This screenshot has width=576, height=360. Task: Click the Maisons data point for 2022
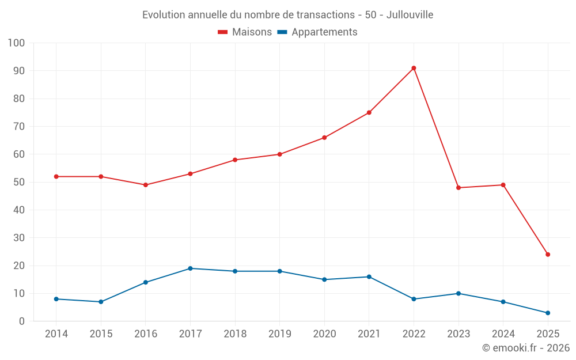point(414,68)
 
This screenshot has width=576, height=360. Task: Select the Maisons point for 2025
point(548,255)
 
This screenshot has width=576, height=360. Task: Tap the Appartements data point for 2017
point(190,268)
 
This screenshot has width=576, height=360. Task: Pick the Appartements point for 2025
point(548,313)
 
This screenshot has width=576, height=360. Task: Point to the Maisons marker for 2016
point(146,185)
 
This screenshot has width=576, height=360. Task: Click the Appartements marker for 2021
point(369,276)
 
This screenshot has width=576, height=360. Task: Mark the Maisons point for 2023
point(458,188)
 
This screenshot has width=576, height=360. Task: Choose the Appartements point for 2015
point(101,302)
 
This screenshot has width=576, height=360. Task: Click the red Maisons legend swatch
point(223,32)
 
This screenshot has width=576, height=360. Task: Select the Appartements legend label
point(324,32)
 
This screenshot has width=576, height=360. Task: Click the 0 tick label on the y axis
point(22,321)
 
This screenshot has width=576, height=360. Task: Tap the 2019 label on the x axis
point(280,334)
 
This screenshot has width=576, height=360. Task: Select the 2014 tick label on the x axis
point(56,334)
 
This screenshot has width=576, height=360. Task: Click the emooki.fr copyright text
point(526,348)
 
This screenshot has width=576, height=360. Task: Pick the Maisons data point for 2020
point(324,138)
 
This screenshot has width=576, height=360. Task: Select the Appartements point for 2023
point(458,293)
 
